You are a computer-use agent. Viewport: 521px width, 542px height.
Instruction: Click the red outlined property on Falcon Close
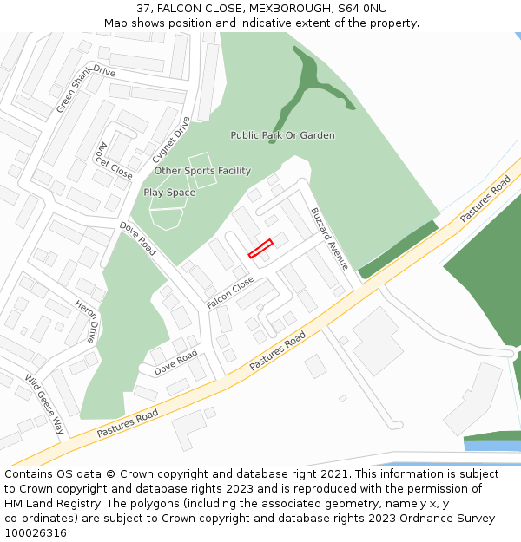260,248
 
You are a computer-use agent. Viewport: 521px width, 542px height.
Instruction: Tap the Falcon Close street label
230,293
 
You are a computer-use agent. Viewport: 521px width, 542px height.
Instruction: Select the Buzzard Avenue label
329,238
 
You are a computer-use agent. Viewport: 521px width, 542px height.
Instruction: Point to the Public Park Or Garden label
282,135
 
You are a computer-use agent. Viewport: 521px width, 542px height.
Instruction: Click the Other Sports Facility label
196,171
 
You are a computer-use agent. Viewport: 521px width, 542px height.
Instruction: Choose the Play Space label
169,193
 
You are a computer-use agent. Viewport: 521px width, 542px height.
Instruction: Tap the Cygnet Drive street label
170,140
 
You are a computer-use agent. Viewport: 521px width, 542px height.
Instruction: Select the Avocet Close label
115,160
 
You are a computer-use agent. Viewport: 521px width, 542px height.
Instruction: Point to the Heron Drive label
87,322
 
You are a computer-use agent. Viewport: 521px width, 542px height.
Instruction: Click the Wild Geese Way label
44,404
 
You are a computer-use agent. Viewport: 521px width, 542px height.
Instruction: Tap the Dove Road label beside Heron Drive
137,238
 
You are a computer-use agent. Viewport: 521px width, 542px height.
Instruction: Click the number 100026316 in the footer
36,533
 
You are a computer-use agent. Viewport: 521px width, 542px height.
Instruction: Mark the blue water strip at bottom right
491,446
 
